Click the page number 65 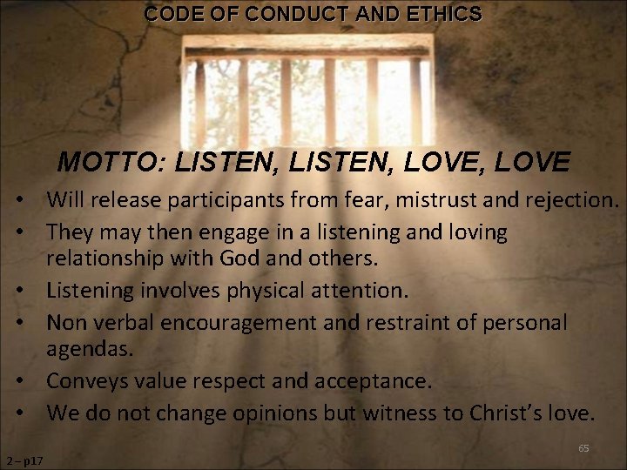pos(583,448)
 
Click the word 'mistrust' pos(437,201)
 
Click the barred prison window pos(309,91)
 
